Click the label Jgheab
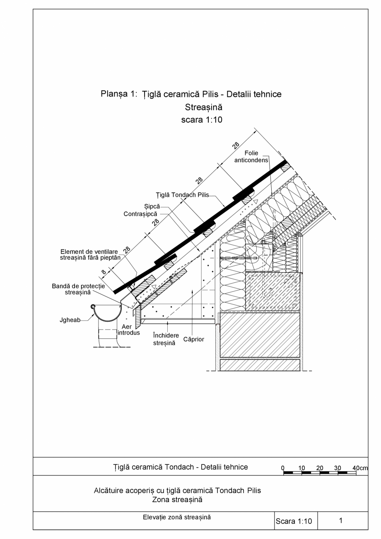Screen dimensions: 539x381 [x=70, y=320]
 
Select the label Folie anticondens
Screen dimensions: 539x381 [x=251, y=156]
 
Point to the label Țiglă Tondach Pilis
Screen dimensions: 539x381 [x=182, y=195]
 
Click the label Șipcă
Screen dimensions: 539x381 [x=152, y=206]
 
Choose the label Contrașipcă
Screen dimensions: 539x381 [x=140, y=214]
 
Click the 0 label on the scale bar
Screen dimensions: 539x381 [x=283, y=468]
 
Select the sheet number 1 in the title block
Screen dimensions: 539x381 [x=340, y=521]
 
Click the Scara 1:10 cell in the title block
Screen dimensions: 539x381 [x=294, y=521]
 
